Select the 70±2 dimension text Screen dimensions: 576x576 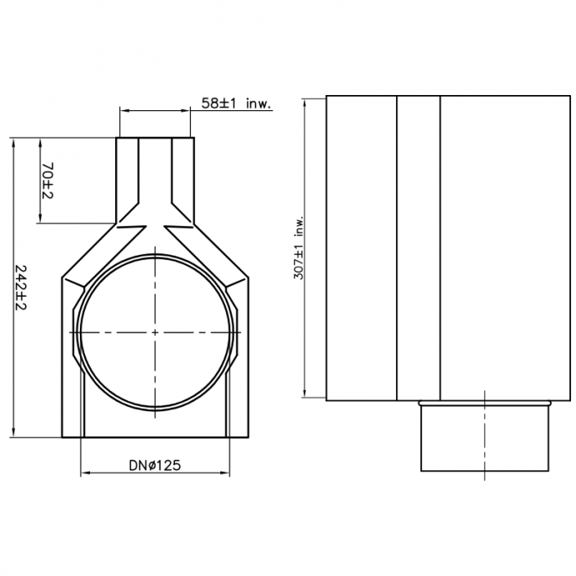point(48,181)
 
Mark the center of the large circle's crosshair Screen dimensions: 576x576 point(156,332)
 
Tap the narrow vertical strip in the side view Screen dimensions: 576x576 point(418,248)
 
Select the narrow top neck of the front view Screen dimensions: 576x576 point(156,172)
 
